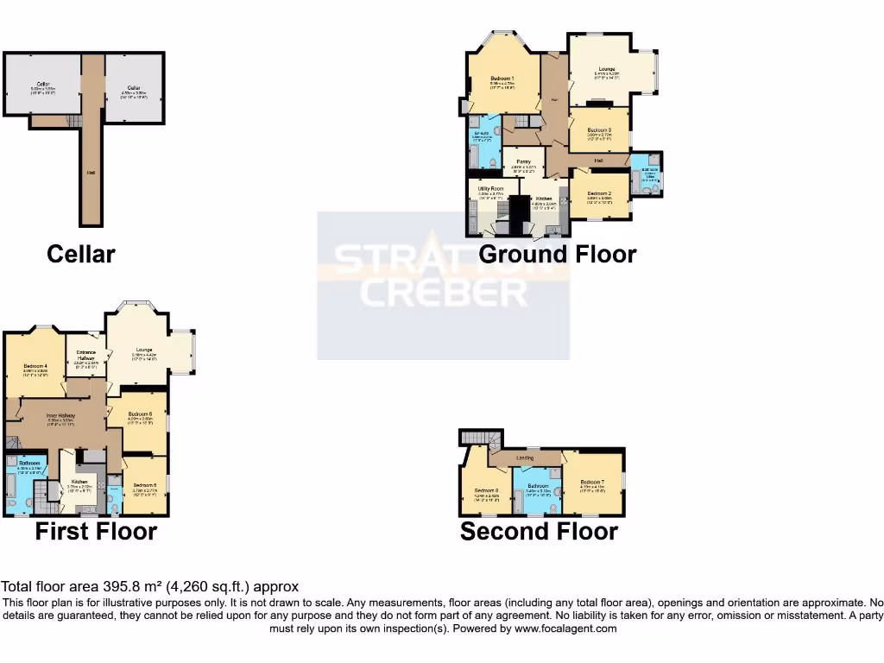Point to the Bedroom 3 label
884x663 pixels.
[599, 130]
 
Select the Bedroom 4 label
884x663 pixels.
[34, 367]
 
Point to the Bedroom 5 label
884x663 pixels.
[144, 486]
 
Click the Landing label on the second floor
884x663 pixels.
[524, 458]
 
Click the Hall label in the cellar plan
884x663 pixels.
[91, 173]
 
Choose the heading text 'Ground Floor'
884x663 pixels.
[557, 254]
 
